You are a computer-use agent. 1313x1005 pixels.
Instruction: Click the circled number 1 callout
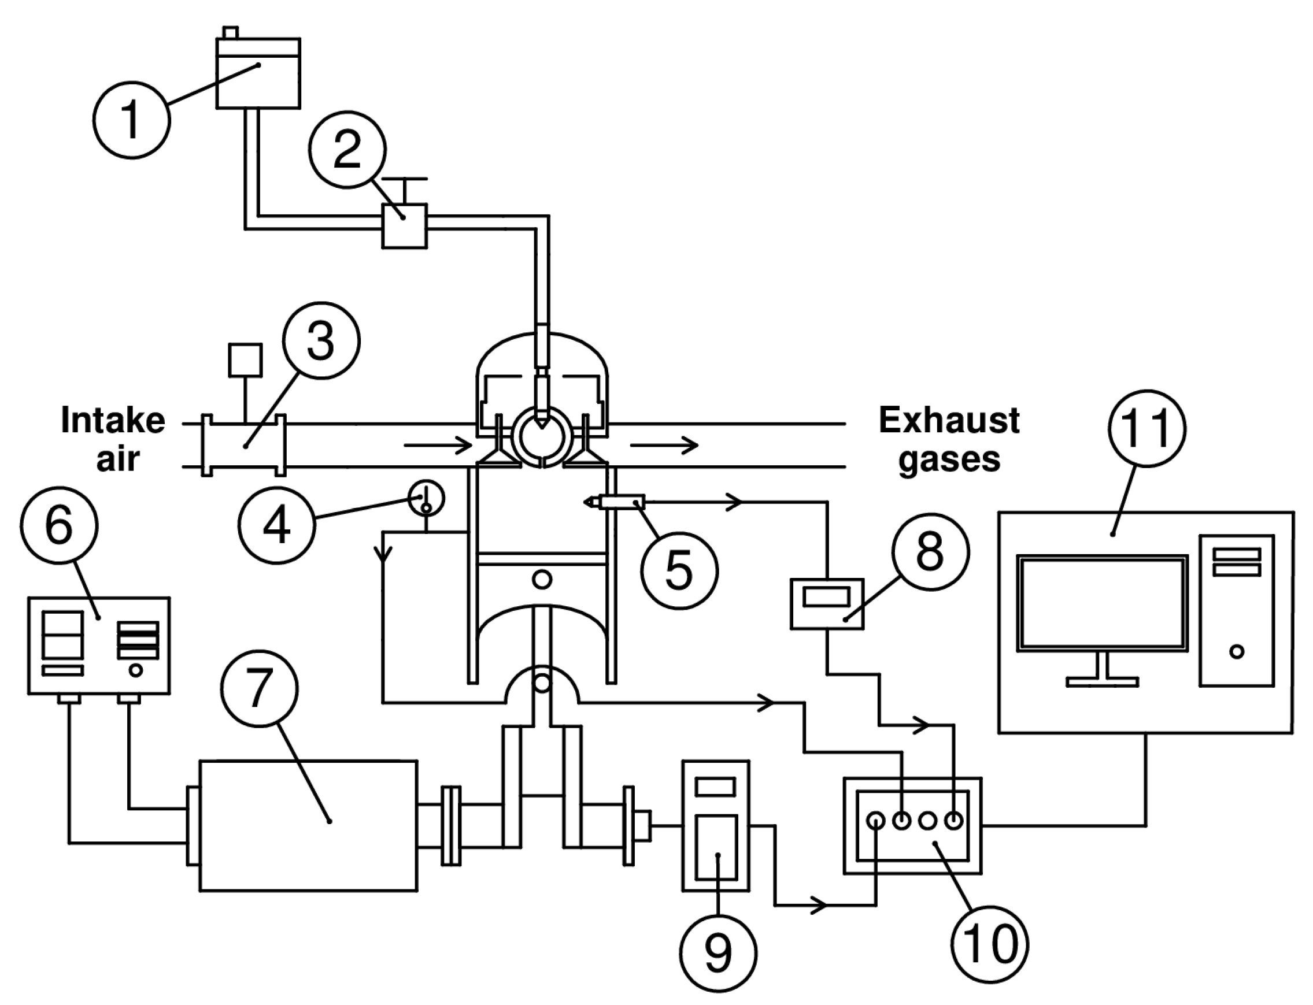click(x=132, y=120)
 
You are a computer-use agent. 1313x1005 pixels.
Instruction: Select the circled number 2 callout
click(x=347, y=149)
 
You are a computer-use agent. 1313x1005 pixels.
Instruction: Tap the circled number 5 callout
click(x=679, y=571)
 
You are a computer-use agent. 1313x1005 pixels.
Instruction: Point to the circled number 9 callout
click(x=718, y=953)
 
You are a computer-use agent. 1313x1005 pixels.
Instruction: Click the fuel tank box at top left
click(x=257, y=73)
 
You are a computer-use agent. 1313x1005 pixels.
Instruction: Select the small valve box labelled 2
click(x=405, y=226)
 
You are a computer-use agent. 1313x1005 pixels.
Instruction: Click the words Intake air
click(x=114, y=439)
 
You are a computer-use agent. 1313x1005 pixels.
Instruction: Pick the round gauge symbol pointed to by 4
click(x=426, y=498)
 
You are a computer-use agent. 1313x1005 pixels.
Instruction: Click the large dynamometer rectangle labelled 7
click(x=308, y=825)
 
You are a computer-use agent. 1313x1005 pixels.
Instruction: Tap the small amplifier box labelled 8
click(x=827, y=603)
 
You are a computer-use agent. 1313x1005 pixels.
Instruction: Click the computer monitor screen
click(x=1102, y=602)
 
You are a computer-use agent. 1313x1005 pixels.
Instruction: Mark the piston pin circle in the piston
click(x=542, y=578)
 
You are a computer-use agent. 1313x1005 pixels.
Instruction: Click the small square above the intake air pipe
click(x=245, y=359)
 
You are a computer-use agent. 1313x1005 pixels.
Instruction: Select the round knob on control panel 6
click(x=136, y=670)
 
